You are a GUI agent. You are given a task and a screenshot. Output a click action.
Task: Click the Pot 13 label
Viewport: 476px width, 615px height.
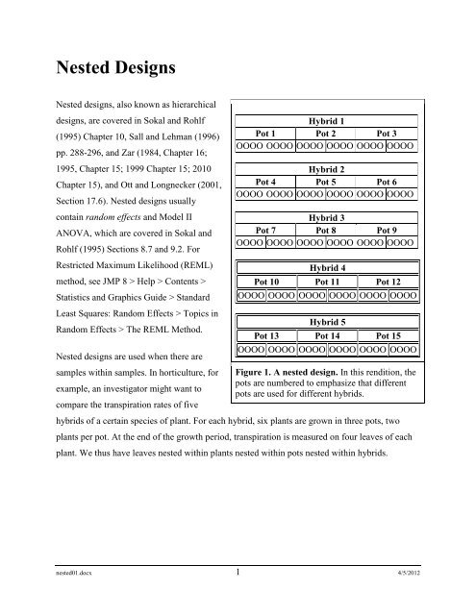265,334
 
